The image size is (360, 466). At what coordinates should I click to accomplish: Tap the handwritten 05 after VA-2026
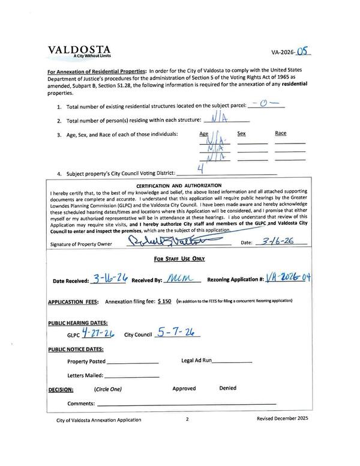click(x=305, y=51)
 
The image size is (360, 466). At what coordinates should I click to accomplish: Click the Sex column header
click(x=242, y=133)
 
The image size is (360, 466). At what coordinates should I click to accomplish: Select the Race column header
click(x=281, y=133)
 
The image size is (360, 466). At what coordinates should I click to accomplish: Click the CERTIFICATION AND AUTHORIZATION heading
click(x=179, y=185)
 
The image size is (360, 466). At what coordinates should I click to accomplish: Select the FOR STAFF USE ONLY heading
click(x=179, y=259)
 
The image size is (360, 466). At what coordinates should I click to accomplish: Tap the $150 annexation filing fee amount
click(x=165, y=301)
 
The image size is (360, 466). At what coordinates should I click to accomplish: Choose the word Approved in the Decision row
click(x=184, y=389)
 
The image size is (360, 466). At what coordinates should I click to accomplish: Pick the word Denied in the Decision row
click(x=227, y=389)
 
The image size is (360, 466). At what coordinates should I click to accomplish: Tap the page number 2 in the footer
click(x=187, y=420)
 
